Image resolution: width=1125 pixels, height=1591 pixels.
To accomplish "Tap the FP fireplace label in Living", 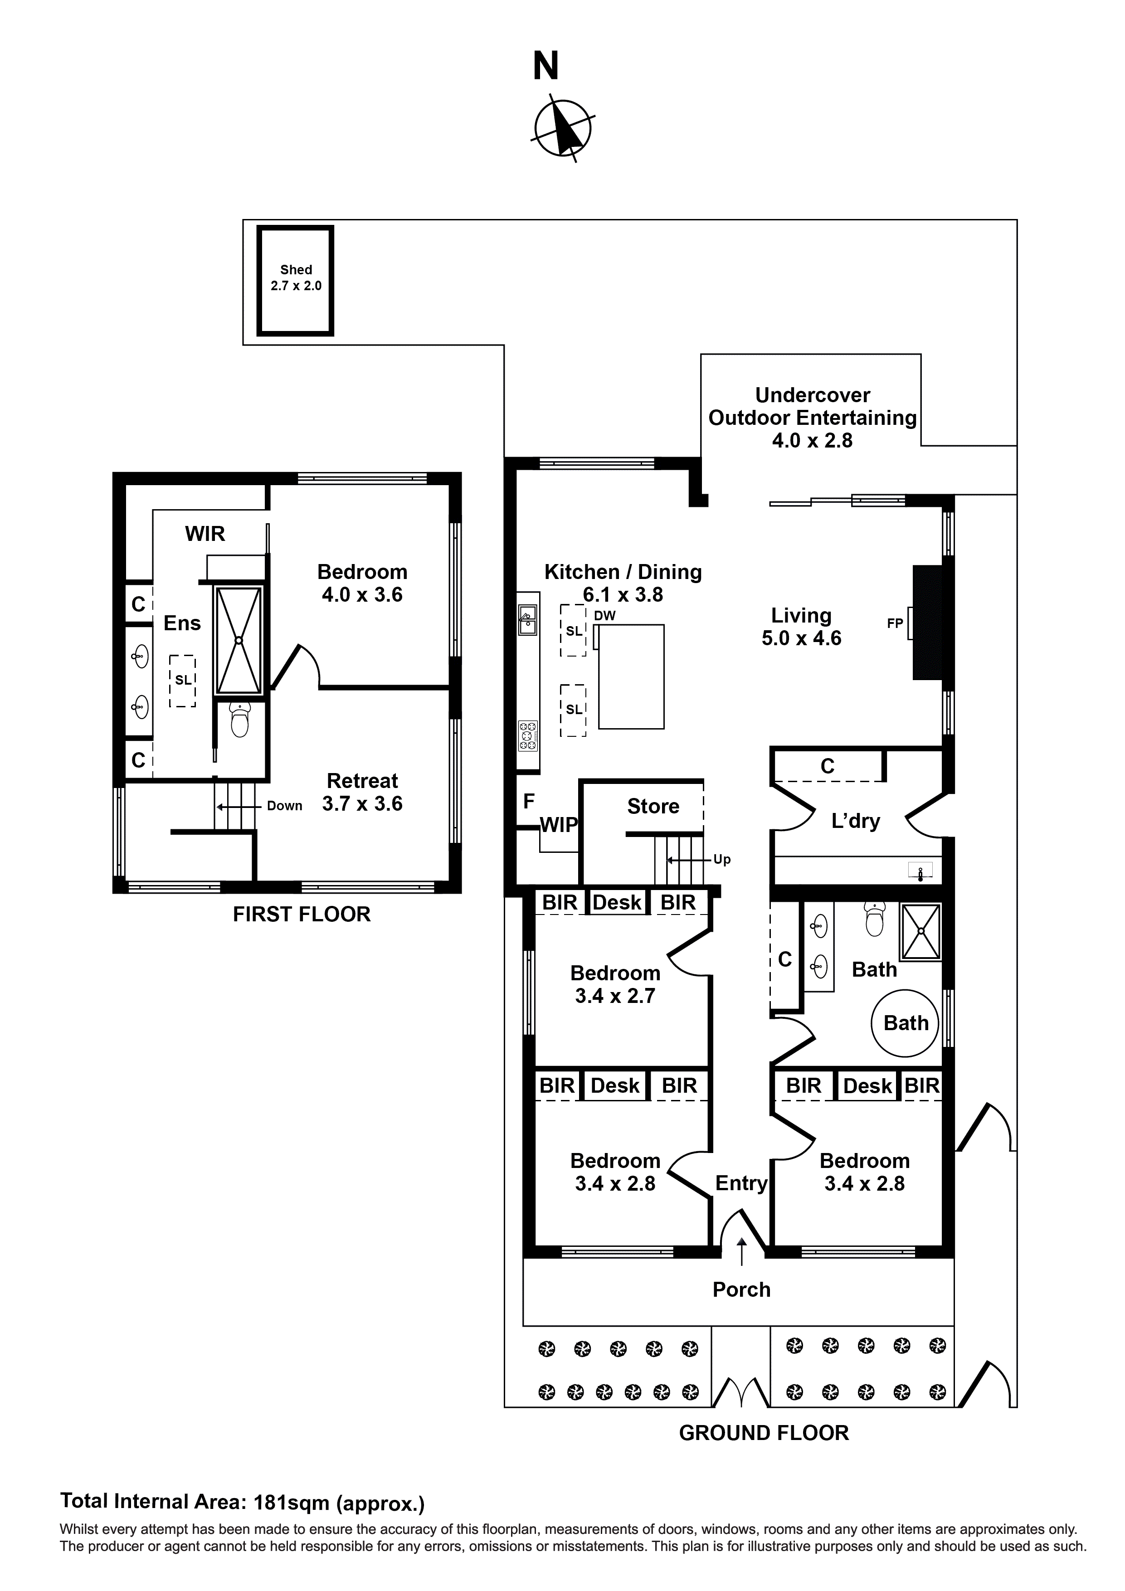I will coord(894,623).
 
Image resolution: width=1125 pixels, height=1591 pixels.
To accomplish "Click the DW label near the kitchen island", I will coord(604,615).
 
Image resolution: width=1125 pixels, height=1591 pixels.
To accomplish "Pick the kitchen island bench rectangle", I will coord(631,676).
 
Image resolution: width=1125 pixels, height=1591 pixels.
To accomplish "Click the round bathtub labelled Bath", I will coord(905,1023).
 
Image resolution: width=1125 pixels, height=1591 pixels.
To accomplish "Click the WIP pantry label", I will coord(559,825).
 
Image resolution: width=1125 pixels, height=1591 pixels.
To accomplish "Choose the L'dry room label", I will coord(855,821).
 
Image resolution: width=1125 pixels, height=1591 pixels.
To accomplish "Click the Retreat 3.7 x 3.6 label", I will coord(362,792).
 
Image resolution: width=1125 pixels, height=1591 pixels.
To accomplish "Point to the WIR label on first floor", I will coord(205,534).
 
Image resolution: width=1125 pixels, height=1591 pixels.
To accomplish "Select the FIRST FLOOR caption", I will coord(302,914).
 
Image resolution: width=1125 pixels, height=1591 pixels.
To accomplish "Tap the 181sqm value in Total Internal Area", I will coord(291,1502).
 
